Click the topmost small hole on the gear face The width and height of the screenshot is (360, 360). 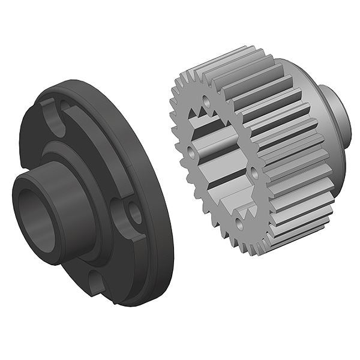click(208, 101)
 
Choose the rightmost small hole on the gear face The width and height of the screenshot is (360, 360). click(254, 174)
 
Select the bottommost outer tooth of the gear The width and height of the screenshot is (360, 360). click(264, 249)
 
